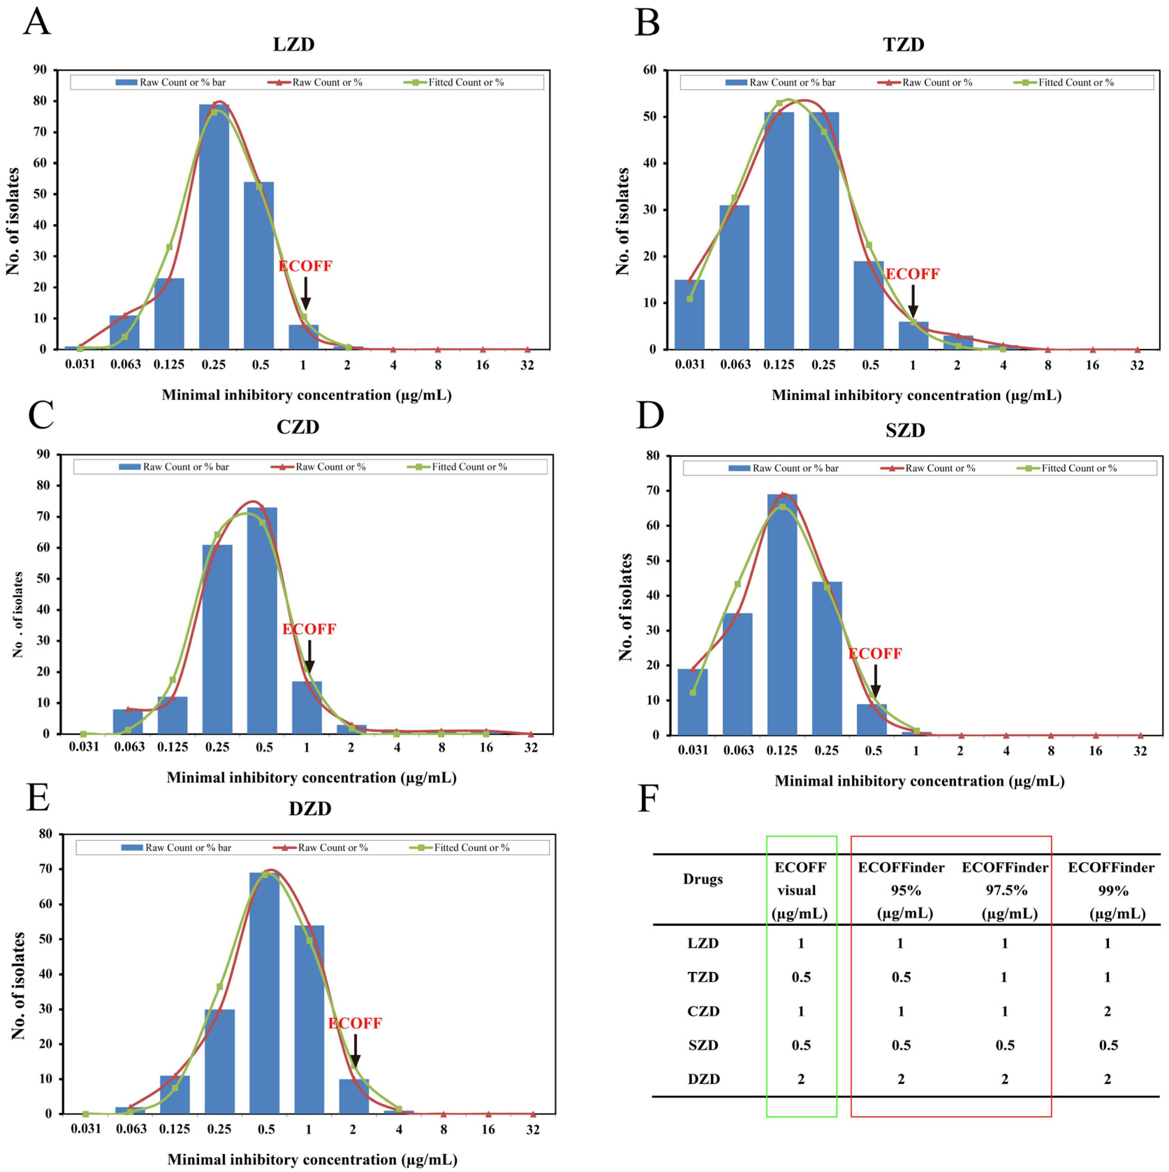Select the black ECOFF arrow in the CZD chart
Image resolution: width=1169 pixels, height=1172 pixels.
tap(309, 657)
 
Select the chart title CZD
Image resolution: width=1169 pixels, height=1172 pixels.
tap(297, 427)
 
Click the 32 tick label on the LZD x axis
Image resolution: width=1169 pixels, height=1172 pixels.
tap(527, 365)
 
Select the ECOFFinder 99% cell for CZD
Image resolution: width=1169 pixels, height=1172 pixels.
tap(1107, 1011)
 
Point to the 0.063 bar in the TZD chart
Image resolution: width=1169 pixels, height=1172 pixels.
tap(734, 277)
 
